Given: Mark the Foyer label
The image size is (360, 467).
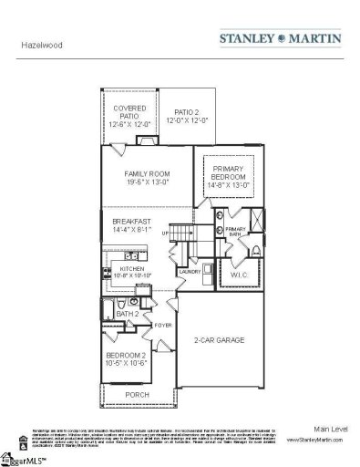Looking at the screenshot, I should coord(162,324).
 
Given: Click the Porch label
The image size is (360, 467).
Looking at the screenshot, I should coord(138,394).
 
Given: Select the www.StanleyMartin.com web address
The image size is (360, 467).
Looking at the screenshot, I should coord(314,439).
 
